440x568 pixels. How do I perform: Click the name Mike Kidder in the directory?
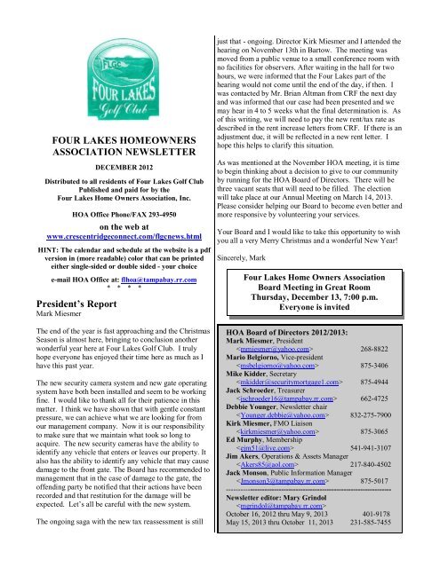coord(249,423)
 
